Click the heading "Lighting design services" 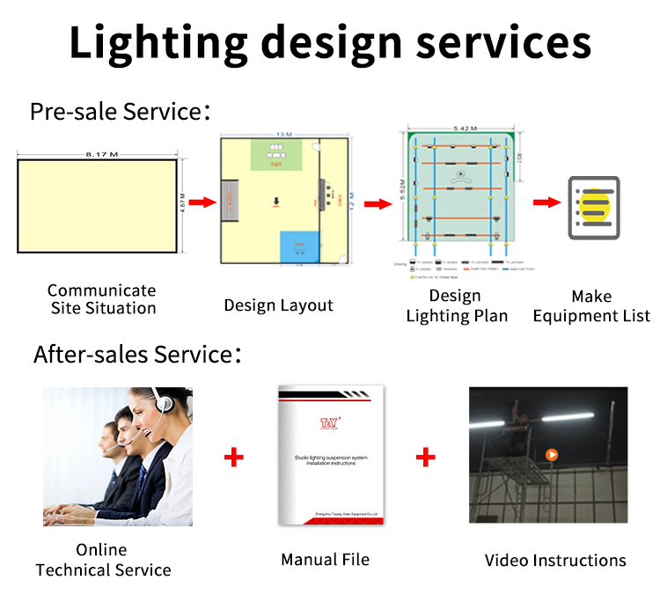tap(330, 41)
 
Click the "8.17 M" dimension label tap(101, 154)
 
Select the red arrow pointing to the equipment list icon tap(545, 202)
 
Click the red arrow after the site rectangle tap(202, 202)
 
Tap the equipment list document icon tap(593, 208)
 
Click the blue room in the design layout tap(300, 246)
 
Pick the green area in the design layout tap(278, 155)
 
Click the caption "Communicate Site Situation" tap(102, 299)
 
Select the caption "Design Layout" tap(278, 305)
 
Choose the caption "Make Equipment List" tap(591, 306)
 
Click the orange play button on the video tap(552, 455)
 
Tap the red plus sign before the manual tap(233, 458)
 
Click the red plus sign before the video tap(425, 457)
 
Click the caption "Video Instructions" tap(555, 561)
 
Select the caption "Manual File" tap(325, 560)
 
